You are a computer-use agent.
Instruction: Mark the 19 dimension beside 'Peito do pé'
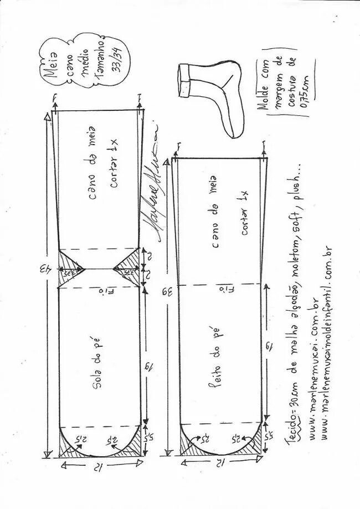point(266,347)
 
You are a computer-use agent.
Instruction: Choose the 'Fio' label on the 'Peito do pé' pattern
point(222,290)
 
